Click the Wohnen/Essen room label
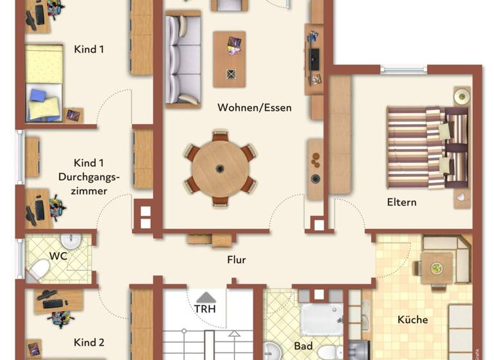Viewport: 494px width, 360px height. point(254,107)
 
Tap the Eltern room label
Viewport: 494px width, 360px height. point(401,202)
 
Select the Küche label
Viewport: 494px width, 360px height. point(412,319)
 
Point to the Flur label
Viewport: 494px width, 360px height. point(236,260)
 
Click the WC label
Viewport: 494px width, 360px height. point(59,256)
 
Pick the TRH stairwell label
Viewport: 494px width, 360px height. point(205,308)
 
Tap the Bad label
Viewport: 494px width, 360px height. point(303,346)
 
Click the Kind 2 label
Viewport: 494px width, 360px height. point(89,342)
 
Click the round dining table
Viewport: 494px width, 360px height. point(220,168)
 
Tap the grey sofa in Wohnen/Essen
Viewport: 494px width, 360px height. point(183,59)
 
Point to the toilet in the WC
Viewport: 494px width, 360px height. point(40,269)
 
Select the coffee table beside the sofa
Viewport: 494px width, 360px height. point(230,59)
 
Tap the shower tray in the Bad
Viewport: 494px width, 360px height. point(322,319)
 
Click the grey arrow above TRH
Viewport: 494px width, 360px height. point(205,296)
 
